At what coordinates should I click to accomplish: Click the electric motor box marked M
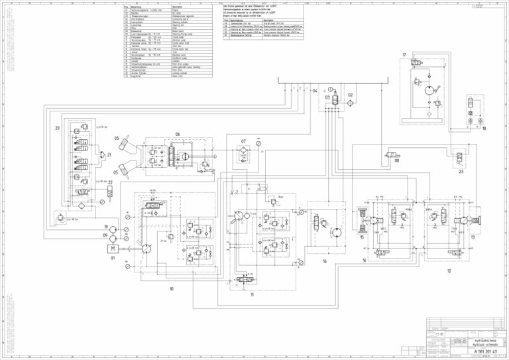113,249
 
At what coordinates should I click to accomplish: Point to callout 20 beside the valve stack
57,128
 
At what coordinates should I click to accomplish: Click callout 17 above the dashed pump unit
404,54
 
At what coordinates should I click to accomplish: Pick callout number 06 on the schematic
178,134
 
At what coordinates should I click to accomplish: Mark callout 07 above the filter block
244,141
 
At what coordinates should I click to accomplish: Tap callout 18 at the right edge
484,128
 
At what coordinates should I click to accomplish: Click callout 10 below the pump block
172,288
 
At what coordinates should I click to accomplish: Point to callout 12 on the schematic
449,270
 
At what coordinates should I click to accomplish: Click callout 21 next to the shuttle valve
109,155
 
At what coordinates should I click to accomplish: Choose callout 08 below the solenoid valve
396,160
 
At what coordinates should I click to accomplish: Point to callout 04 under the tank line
315,91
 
